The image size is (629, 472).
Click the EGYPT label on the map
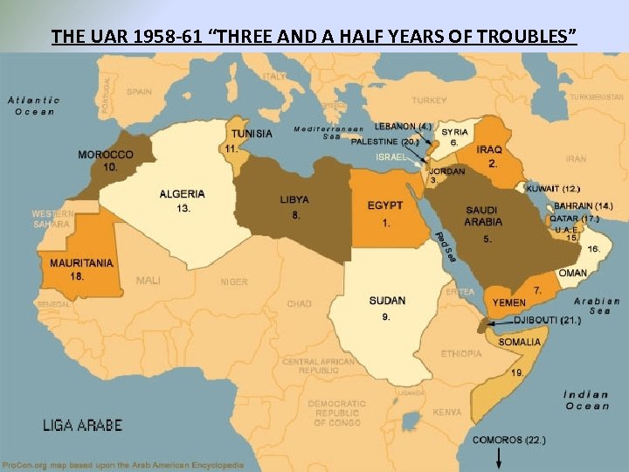[x=385, y=205]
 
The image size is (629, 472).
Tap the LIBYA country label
[x=294, y=199]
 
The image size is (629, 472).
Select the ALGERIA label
[x=183, y=194]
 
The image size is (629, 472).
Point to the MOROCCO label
[x=106, y=155]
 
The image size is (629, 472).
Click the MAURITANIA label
[x=81, y=262]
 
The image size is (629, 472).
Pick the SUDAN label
[x=387, y=301]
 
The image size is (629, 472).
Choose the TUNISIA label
[x=251, y=134]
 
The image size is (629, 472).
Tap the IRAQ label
[x=489, y=149]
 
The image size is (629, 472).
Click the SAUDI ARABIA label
[x=483, y=216]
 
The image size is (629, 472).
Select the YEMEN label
[x=509, y=302]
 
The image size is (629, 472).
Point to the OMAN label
[x=573, y=274]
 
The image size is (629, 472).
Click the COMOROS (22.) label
[x=509, y=440]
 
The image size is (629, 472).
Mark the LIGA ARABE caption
[x=83, y=427]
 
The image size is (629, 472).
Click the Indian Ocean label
[x=587, y=399]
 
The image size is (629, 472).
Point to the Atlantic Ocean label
[x=34, y=106]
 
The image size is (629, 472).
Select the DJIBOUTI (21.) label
[x=546, y=321]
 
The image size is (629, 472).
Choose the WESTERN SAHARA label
[x=52, y=219]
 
